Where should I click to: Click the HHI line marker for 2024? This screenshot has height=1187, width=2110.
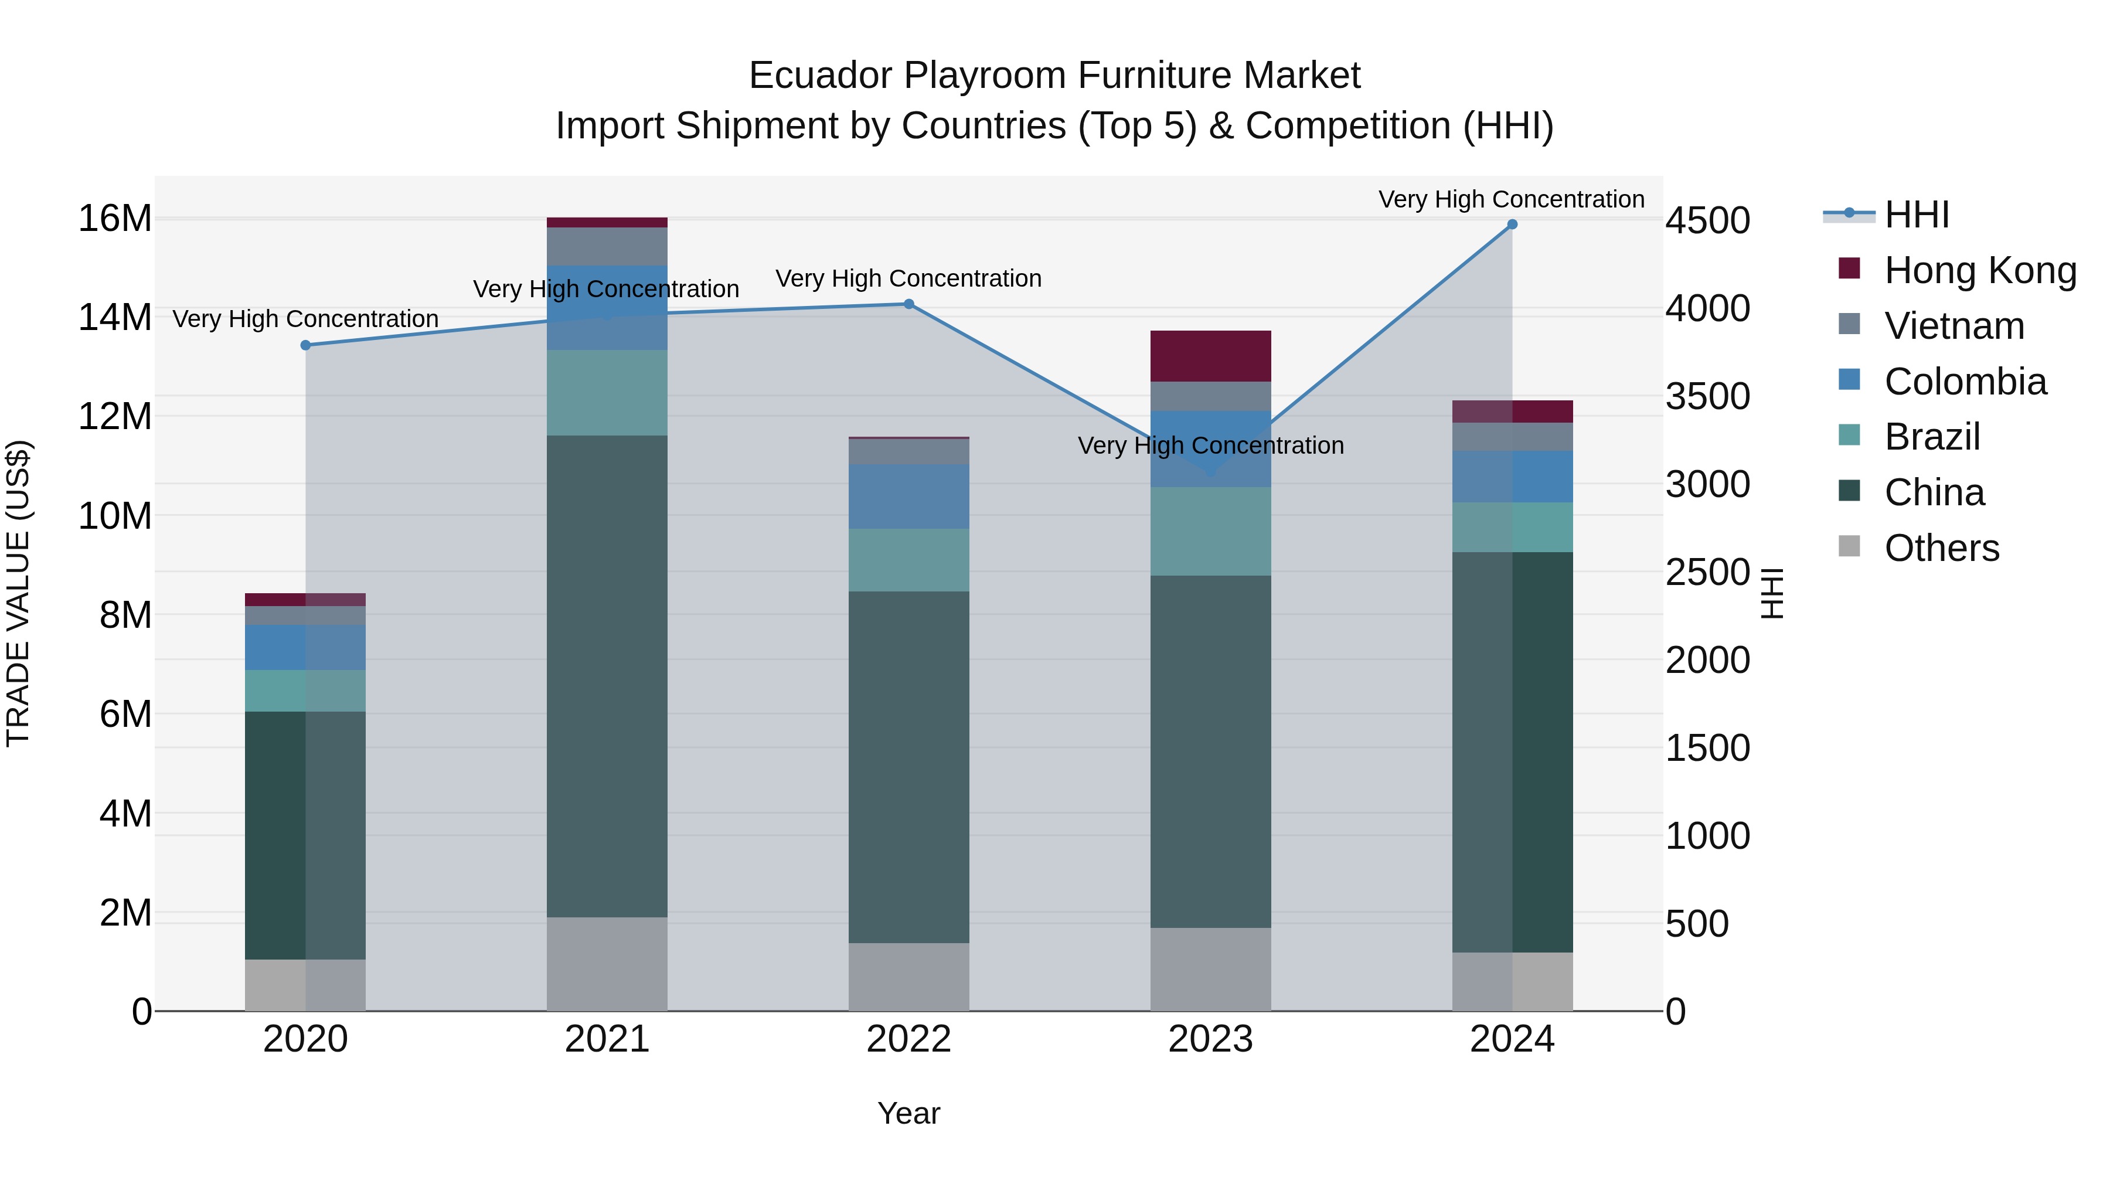pos(1512,225)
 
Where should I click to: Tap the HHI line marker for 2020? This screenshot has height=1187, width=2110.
pos(305,346)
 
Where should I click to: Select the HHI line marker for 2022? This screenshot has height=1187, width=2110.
pos(908,304)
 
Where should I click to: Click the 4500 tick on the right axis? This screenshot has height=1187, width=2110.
pos(1708,220)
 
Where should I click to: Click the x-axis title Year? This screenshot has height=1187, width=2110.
pos(908,1113)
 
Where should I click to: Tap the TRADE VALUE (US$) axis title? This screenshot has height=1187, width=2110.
pos(18,593)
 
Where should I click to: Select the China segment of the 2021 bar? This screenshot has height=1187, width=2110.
pos(607,676)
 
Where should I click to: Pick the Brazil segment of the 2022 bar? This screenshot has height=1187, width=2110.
pos(908,560)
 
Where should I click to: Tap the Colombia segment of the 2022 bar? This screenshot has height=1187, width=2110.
pos(908,496)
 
